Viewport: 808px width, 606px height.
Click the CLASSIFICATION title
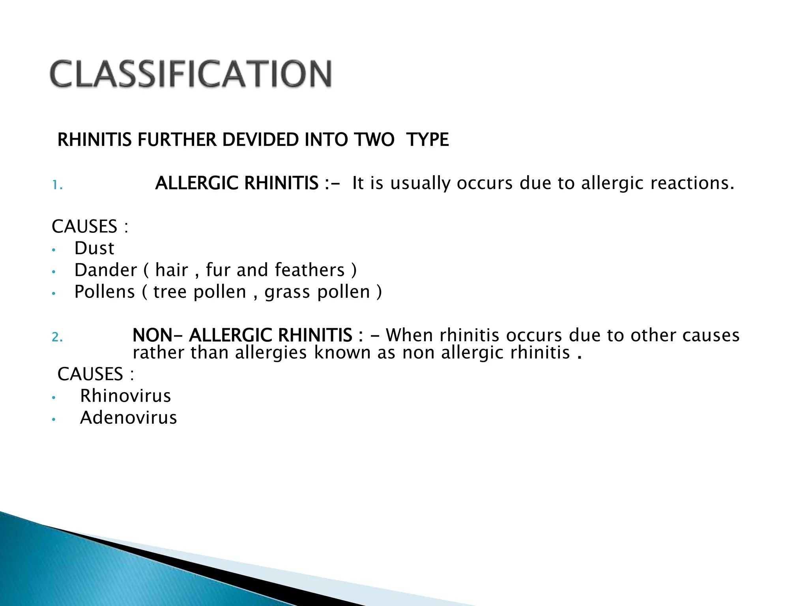point(191,74)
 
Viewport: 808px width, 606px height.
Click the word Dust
point(94,249)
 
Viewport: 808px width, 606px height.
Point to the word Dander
point(105,270)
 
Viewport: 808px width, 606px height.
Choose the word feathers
point(310,270)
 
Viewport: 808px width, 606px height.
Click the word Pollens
point(105,292)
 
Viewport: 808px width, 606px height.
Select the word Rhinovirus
point(125,396)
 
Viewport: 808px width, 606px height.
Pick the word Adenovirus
point(129,418)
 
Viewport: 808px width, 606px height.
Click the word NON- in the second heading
point(152,335)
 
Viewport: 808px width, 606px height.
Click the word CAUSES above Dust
point(84,226)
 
